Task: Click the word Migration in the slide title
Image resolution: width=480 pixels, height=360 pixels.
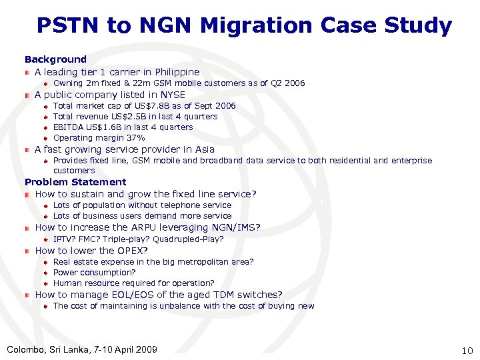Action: (255, 26)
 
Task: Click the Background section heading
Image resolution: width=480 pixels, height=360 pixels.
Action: (55, 59)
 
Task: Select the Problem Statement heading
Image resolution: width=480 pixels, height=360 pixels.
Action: (75, 182)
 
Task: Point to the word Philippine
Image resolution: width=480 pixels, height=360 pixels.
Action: (175, 72)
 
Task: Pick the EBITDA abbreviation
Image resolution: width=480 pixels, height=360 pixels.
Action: (67, 127)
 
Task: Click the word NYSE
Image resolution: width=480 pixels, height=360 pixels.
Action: (171, 95)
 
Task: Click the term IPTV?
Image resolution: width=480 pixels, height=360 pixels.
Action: (64, 239)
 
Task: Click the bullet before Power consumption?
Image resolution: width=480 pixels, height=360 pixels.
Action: (45, 273)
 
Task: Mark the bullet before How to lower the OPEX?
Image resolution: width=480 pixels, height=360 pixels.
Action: (27, 251)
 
